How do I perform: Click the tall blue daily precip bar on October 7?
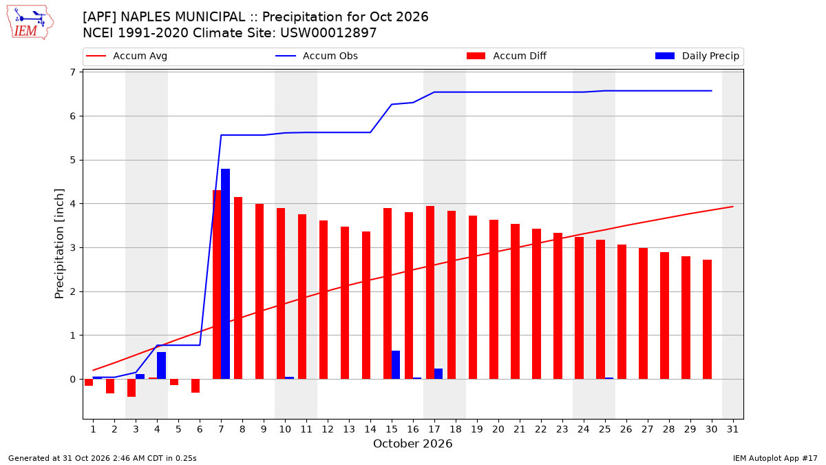pyautogui.click(x=225, y=274)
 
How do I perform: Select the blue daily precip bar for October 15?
pyautogui.click(x=396, y=364)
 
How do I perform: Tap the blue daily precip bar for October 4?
pyautogui.click(x=161, y=365)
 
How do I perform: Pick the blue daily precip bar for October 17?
pyautogui.click(x=438, y=374)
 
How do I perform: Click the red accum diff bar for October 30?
pyautogui.click(x=708, y=320)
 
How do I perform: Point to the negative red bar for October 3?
pyautogui.click(x=131, y=388)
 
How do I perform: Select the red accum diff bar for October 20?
pyautogui.click(x=494, y=299)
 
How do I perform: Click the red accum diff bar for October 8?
pyautogui.click(x=238, y=288)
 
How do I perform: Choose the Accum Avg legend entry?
pyautogui.click(x=127, y=56)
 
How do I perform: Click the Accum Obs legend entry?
pyautogui.click(x=317, y=56)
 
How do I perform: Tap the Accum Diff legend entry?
pyautogui.click(x=507, y=56)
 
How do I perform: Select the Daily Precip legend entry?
pyautogui.click(x=697, y=56)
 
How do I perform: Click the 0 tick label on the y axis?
pyautogui.click(x=72, y=380)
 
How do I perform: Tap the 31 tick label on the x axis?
pyautogui.click(x=732, y=429)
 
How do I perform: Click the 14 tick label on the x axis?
pyautogui.click(x=370, y=429)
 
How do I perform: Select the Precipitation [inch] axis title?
pyautogui.click(x=59, y=244)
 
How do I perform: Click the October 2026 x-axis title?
pyautogui.click(x=412, y=444)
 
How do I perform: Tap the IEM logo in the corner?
pyautogui.click(x=30, y=23)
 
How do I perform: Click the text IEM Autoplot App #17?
pyautogui.click(x=775, y=458)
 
